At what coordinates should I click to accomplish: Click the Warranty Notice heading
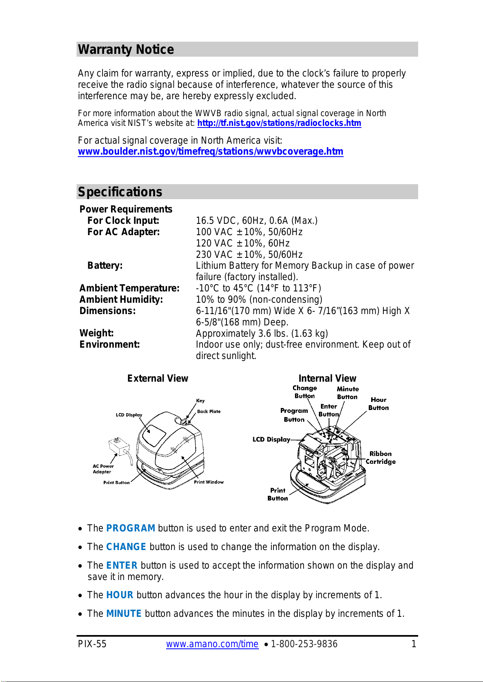[126, 49]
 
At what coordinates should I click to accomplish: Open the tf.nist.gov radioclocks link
[279, 123]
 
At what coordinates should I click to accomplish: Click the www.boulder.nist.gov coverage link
[210, 151]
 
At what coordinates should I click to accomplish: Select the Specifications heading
[120, 192]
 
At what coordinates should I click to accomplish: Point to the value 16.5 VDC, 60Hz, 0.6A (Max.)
[256, 221]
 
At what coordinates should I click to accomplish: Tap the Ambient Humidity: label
[121, 300]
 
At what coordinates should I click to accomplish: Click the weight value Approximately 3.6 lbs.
[262, 334]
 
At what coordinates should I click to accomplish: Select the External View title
[158, 378]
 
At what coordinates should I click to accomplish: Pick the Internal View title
[327, 378]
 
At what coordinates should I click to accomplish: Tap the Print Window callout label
[209, 482]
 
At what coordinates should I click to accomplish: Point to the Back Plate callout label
[209, 412]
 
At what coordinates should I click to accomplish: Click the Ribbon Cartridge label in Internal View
[380, 458]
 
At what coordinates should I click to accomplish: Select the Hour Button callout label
[378, 404]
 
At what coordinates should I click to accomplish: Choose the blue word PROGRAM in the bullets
[130, 528]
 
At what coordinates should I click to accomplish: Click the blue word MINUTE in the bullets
[124, 614]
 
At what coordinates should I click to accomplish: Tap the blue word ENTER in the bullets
[122, 565]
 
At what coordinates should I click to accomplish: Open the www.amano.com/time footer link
[212, 644]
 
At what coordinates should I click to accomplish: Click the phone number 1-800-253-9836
[304, 644]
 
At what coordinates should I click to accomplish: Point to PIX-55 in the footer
[92, 644]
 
